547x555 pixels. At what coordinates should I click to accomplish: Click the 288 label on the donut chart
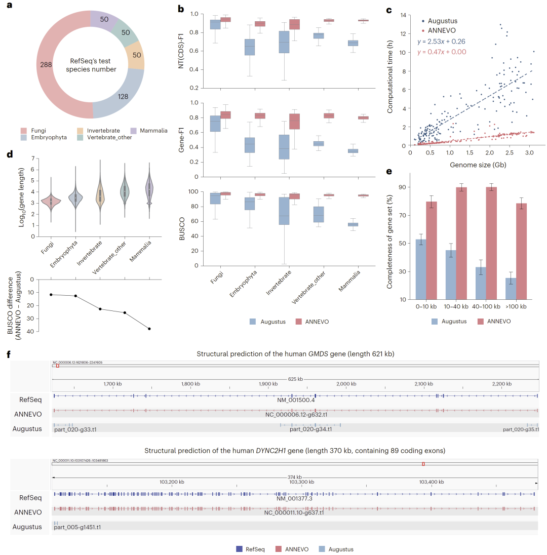tap(46, 64)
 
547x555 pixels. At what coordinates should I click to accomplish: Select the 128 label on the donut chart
tap(123, 97)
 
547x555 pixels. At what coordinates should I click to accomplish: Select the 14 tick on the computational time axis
tap(403, 15)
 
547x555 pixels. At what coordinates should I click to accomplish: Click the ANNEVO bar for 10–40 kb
tap(461, 243)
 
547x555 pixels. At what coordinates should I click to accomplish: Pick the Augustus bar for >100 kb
tap(511, 288)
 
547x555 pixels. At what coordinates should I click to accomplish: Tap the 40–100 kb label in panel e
tap(486, 307)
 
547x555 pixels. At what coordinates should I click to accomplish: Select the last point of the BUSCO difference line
tap(149, 329)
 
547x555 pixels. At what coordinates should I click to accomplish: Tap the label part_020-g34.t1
tap(310, 429)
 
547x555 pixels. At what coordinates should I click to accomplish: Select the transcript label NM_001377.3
tap(295, 498)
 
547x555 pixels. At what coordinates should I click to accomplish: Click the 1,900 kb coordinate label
tap(267, 384)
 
